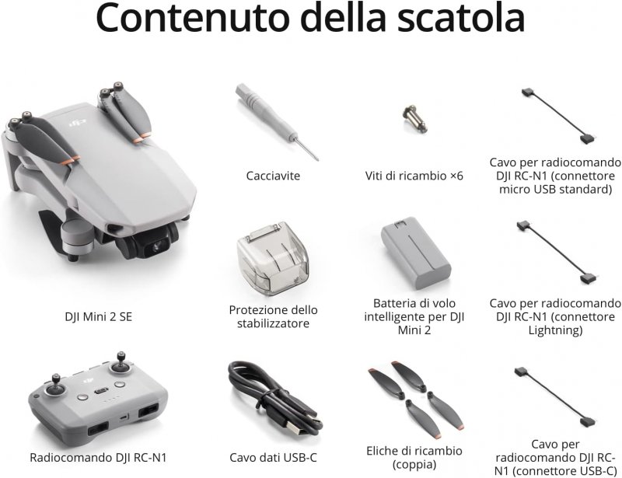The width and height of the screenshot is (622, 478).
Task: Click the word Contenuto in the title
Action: coord(192,18)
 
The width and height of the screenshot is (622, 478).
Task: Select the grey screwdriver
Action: coord(277,122)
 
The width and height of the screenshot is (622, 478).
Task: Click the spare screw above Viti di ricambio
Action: coord(414,118)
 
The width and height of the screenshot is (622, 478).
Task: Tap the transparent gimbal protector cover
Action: coord(273,259)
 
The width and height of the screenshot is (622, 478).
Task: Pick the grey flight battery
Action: coord(416,253)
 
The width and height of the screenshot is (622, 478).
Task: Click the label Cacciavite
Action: coord(273,176)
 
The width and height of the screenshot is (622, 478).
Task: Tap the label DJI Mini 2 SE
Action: coord(99,316)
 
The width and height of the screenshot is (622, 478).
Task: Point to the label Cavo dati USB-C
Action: coord(274,457)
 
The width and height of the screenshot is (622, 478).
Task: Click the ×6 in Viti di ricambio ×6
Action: coord(456,176)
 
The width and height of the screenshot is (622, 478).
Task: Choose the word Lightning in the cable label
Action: coord(555,330)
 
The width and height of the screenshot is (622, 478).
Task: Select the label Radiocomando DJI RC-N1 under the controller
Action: coord(98,457)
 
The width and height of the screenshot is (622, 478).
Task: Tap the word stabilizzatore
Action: coord(273,323)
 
